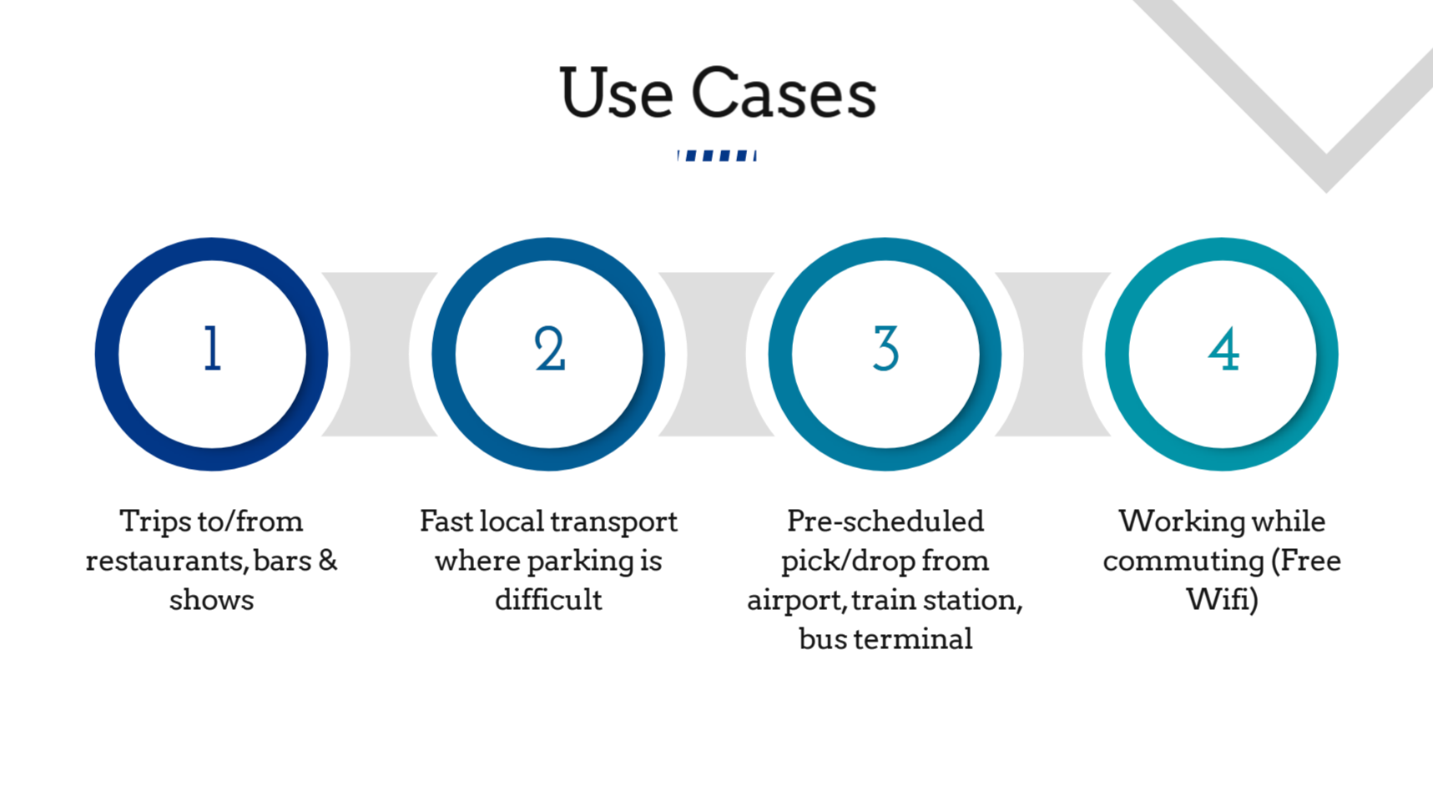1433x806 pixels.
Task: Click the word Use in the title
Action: click(616, 92)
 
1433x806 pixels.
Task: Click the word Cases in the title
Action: click(784, 92)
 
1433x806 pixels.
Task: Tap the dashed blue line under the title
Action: click(717, 156)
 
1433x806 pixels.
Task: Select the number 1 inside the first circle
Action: click(213, 348)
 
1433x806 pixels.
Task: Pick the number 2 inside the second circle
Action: click(549, 348)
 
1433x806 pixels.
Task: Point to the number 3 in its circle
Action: click(886, 348)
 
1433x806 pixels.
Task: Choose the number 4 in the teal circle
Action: click(1224, 349)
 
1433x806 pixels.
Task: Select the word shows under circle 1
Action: click(211, 599)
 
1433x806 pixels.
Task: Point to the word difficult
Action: click(548, 599)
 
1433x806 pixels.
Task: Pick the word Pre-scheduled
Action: click(886, 521)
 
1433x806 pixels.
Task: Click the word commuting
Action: click(1183, 562)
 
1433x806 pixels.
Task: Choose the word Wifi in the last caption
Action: click(1219, 599)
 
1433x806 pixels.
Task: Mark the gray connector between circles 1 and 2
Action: click(380, 354)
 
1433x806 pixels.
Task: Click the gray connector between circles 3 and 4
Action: click(1053, 354)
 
